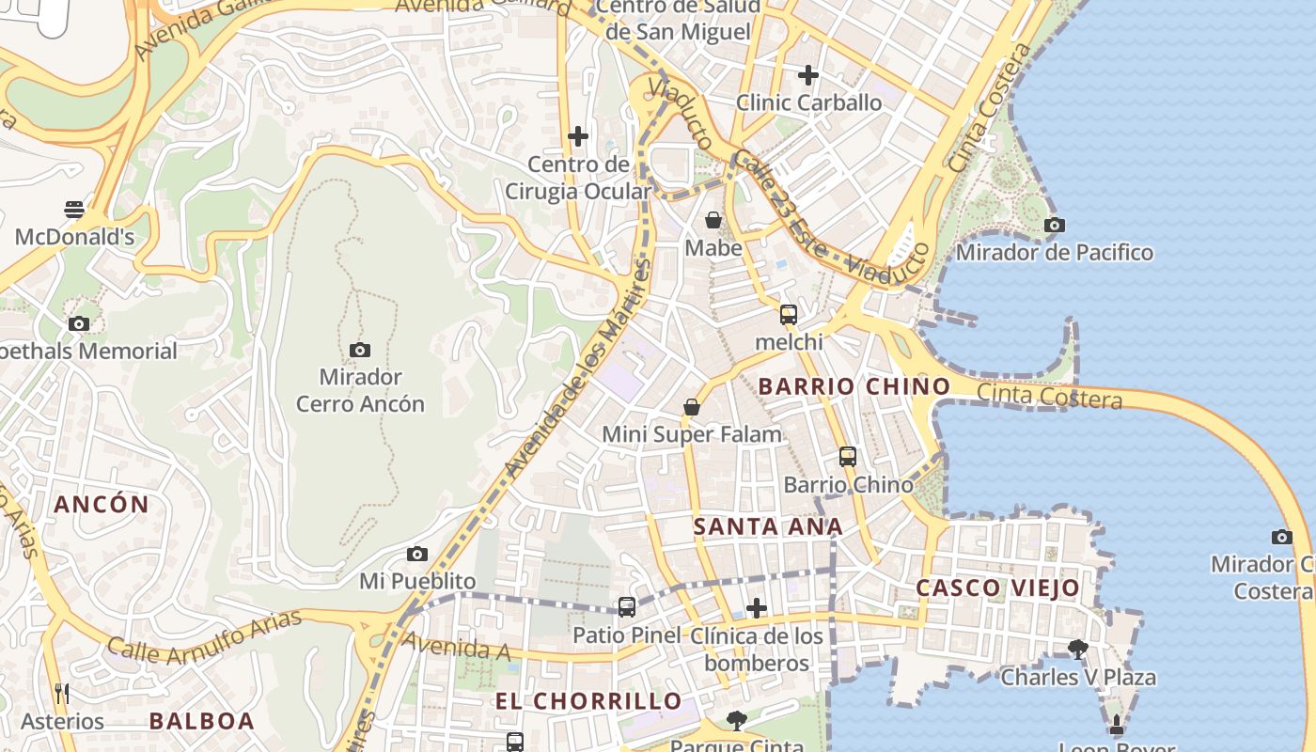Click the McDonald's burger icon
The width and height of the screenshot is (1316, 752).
(x=74, y=209)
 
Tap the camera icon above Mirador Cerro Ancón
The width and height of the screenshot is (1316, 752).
(x=360, y=350)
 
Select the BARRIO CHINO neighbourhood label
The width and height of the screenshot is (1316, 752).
(x=854, y=386)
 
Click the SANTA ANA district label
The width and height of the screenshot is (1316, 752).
(x=768, y=527)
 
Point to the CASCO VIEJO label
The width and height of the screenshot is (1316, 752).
(x=997, y=588)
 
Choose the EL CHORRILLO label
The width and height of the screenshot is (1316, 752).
(x=588, y=701)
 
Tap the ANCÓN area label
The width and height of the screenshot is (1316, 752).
(x=102, y=505)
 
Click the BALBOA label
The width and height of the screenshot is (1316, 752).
(x=202, y=722)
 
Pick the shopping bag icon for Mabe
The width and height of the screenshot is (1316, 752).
(x=713, y=220)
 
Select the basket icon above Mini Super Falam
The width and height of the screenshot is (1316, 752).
(x=692, y=407)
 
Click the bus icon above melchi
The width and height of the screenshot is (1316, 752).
(x=789, y=314)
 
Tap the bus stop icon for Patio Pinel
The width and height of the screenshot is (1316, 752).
(x=627, y=607)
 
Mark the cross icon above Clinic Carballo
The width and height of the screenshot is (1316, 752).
(x=808, y=74)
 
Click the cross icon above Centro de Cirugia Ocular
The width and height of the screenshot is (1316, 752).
(x=578, y=136)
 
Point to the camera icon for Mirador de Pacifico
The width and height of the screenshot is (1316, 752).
(x=1055, y=225)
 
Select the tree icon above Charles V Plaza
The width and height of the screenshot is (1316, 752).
(x=1078, y=649)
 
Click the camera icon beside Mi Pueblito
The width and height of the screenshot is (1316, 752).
(x=417, y=555)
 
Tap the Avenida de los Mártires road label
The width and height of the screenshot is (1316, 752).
(x=576, y=370)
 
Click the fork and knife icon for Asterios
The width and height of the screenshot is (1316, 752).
(x=62, y=694)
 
